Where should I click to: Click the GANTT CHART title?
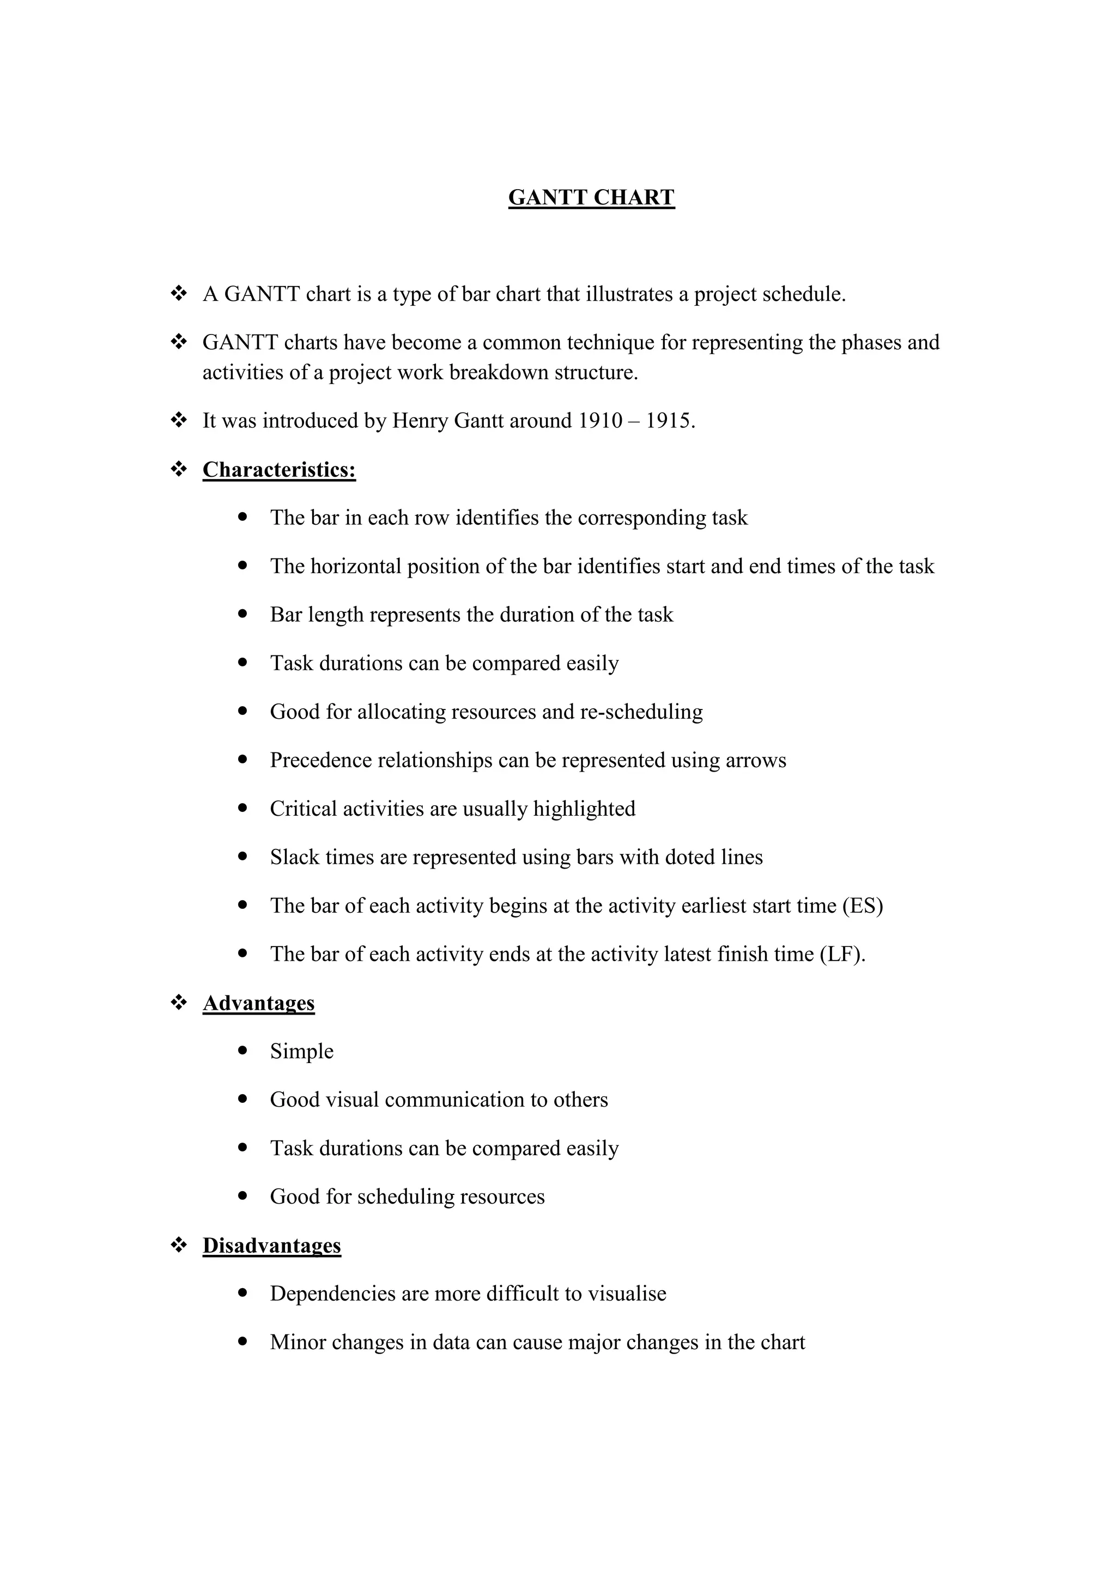pos(591,197)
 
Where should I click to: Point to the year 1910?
pos(599,421)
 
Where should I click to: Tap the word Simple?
pos(302,1052)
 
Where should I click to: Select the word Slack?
pos(293,857)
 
